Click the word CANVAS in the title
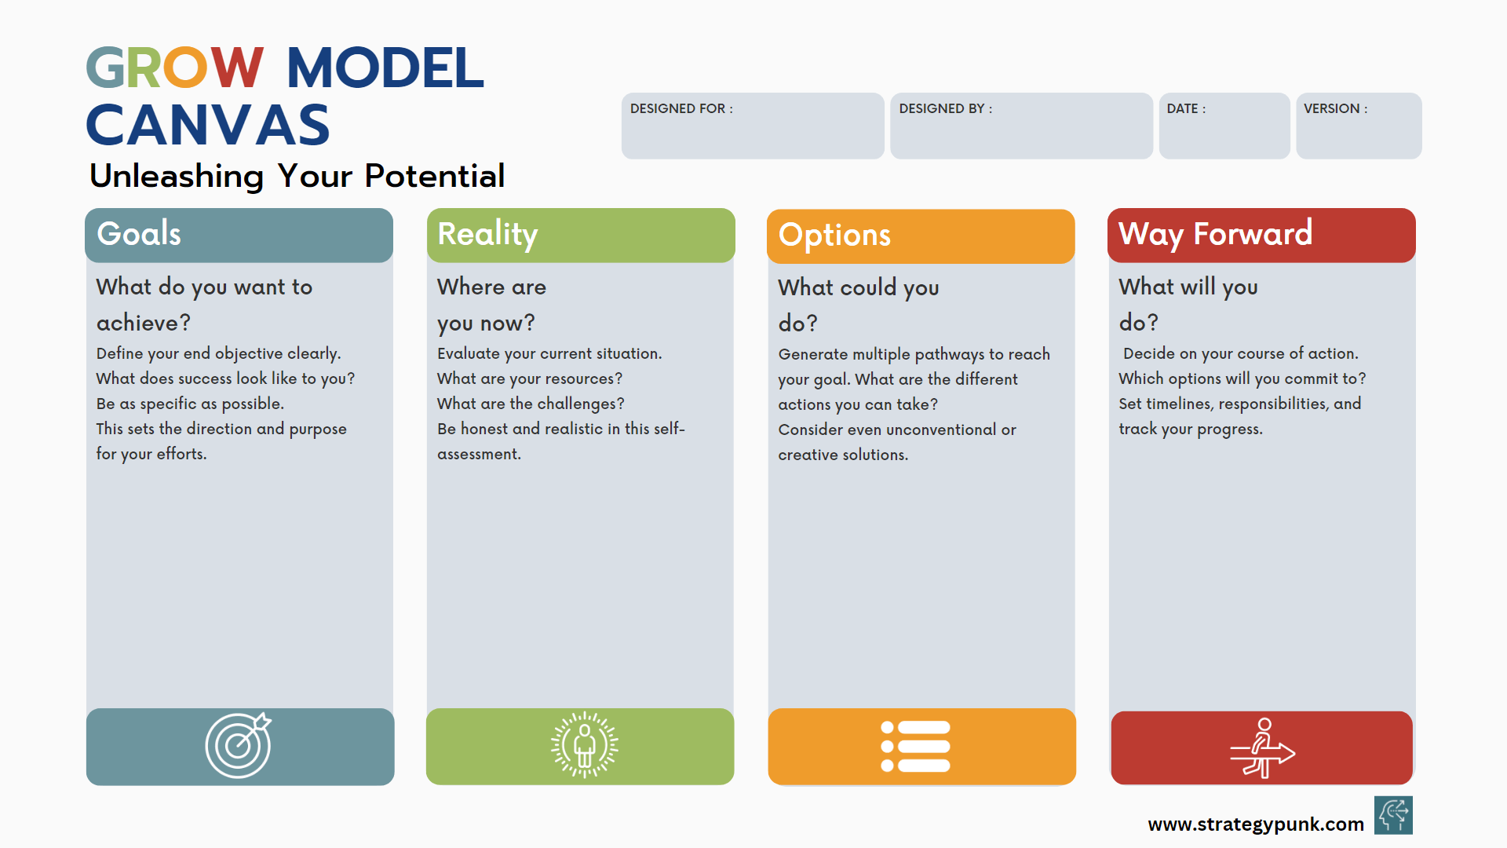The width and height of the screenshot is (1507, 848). click(x=208, y=126)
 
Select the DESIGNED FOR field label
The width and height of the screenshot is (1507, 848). click(x=681, y=108)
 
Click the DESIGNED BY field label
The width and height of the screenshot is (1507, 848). click(x=945, y=108)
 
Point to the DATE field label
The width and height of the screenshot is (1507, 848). click(x=1185, y=108)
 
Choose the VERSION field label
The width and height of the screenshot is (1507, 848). click(x=1334, y=108)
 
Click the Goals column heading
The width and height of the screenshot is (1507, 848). click(x=139, y=234)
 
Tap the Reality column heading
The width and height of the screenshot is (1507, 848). click(x=487, y=234)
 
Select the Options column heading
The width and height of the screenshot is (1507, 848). click(x=834, y=235)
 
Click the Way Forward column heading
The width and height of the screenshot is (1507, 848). click(x=1215, y=234)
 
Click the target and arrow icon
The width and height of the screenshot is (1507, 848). click(x=239, y=745)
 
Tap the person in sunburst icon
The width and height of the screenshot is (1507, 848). click(x=584, y=745)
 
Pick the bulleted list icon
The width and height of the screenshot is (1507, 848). click(x=915, y=746)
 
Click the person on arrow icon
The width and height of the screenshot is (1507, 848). click(x=1261, y=748)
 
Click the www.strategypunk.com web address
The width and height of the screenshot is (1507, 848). click(x=1255, y=824)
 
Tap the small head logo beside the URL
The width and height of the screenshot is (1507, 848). click(x=1393, y=815)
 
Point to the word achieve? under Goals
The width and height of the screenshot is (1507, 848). click(x=143, y=323)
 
